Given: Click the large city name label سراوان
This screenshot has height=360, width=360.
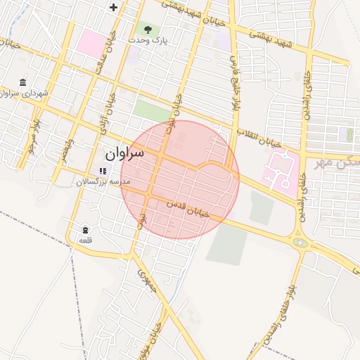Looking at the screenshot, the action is point(124,153).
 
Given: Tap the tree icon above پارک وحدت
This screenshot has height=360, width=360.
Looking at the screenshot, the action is point(148,29).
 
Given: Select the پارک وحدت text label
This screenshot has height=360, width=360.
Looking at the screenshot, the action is point(148,41).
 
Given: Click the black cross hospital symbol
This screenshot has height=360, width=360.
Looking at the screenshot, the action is point(114,7).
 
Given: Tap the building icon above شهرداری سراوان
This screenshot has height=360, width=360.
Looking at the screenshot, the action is point(23,82).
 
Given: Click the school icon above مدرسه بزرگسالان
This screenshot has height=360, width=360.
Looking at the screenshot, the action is point(103,171).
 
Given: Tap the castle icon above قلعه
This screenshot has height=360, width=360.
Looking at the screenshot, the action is point(85,230).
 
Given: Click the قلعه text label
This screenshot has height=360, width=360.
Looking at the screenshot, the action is point(85,240).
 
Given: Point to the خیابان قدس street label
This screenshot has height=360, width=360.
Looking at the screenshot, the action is point(189,210).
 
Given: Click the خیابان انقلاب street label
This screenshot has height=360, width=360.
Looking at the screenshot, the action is point(250,134).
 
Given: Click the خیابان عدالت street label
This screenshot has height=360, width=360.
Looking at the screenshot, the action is point(110,53).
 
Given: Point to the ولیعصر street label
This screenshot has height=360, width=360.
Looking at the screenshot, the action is point(64,148).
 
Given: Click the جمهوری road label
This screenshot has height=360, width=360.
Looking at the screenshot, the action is point(146,281).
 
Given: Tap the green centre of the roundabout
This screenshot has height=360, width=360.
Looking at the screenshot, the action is point(301,243).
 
